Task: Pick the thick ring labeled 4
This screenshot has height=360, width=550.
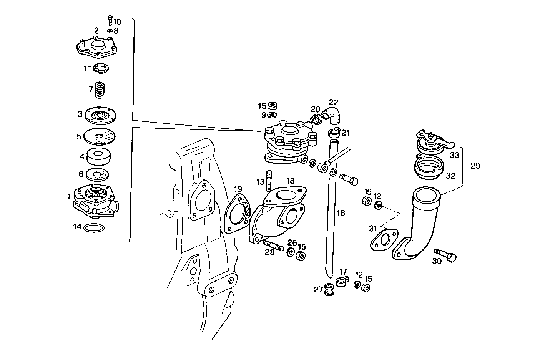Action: coord(99,156)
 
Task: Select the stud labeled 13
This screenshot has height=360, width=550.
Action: coord(269,181)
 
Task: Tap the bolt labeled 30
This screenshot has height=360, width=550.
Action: coord(445,255)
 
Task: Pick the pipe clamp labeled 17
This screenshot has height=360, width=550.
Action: coord(341,282)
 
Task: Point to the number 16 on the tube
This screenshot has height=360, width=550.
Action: coord(341,213)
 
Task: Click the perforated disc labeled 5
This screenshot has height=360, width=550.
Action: coord(100,136)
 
